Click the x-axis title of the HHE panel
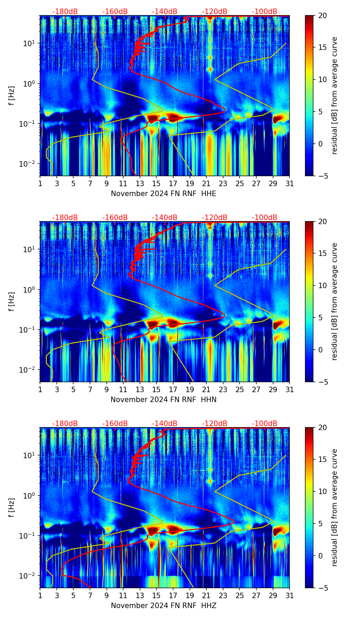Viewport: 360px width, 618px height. (x=163, y=194)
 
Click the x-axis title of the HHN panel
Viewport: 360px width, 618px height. (x=163, y=400)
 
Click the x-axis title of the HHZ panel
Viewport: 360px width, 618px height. (x=163, y=606)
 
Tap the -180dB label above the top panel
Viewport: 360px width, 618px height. (x=65, y=12)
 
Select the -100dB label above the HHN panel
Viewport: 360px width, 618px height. (x=265, y=218)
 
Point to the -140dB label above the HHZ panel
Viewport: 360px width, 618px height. (x=165, y=424)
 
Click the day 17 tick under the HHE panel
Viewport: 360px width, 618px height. (x=173, y=183)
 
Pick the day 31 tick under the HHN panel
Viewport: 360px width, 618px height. (x=290, y=389)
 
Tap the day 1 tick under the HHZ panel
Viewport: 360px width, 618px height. (x=40, y=595)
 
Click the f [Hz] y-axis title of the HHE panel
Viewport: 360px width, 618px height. (x=12, y=95)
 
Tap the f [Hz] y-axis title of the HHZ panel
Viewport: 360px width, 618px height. (x=12, y=507)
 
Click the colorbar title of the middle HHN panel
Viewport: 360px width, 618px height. (x=334, y=301)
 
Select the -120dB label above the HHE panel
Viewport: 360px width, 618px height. (x=215, y=12)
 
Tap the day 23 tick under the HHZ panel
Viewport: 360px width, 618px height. (x=223, y=595)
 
